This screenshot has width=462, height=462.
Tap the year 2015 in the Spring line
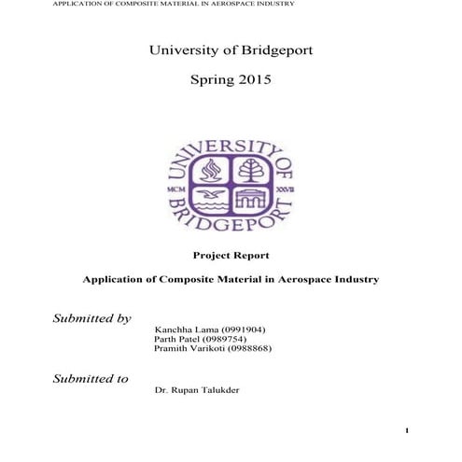[254, 81]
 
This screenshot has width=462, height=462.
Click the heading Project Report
[230, 255]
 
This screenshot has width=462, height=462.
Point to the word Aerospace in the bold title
[312, 279]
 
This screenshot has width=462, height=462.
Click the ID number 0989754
[221, 339]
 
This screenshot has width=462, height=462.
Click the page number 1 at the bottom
[408, 430]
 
